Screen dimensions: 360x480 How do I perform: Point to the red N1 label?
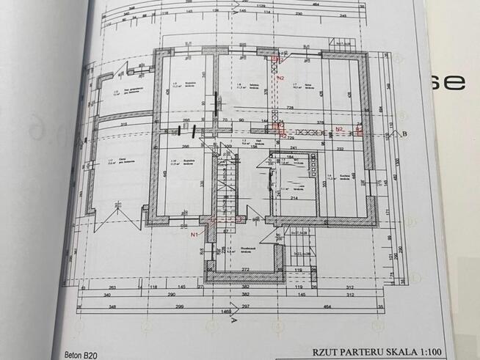click(195, 235)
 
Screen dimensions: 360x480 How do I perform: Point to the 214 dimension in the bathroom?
click(293, 198)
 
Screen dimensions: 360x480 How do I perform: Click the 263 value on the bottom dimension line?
click(112, 288)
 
